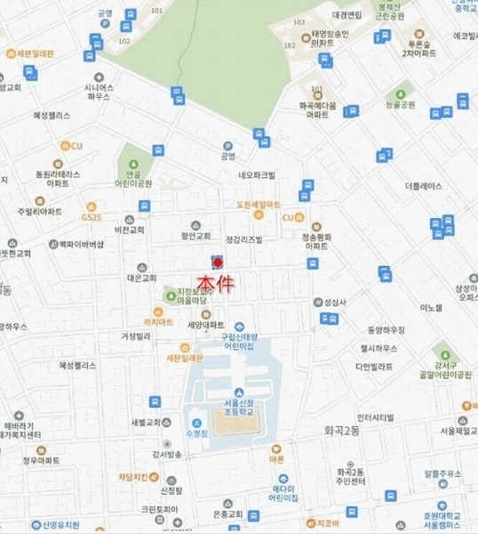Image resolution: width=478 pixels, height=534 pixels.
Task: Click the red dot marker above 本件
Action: tap(218, 263)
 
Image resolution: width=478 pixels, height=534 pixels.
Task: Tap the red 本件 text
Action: tap(217, 283)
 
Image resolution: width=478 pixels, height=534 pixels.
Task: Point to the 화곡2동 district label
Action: tap(337, 430)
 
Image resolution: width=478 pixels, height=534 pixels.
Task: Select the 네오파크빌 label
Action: tap(258, 175)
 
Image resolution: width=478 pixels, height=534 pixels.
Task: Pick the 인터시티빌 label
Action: tap(375, 417)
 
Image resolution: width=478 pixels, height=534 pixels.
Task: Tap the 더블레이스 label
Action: tap(422, 187)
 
